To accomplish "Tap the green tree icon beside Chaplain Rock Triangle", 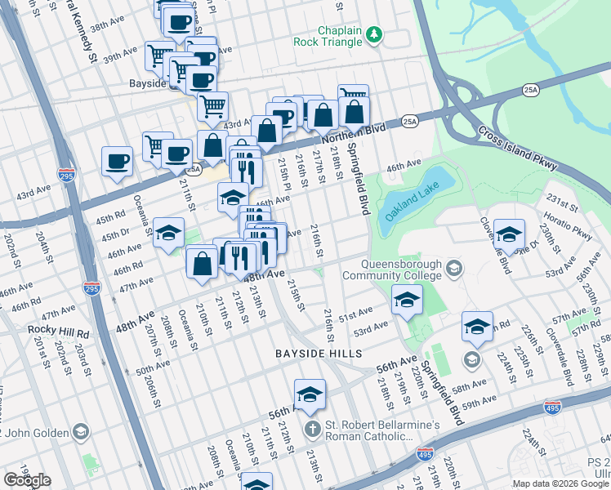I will point(374,34).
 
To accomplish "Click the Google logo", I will point(27,480).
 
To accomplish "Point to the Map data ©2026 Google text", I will point(560,483).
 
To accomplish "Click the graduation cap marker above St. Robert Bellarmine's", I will point(310,395).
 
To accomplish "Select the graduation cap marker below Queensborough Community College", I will point(407,301).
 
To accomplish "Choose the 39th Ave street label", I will point(119,54).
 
